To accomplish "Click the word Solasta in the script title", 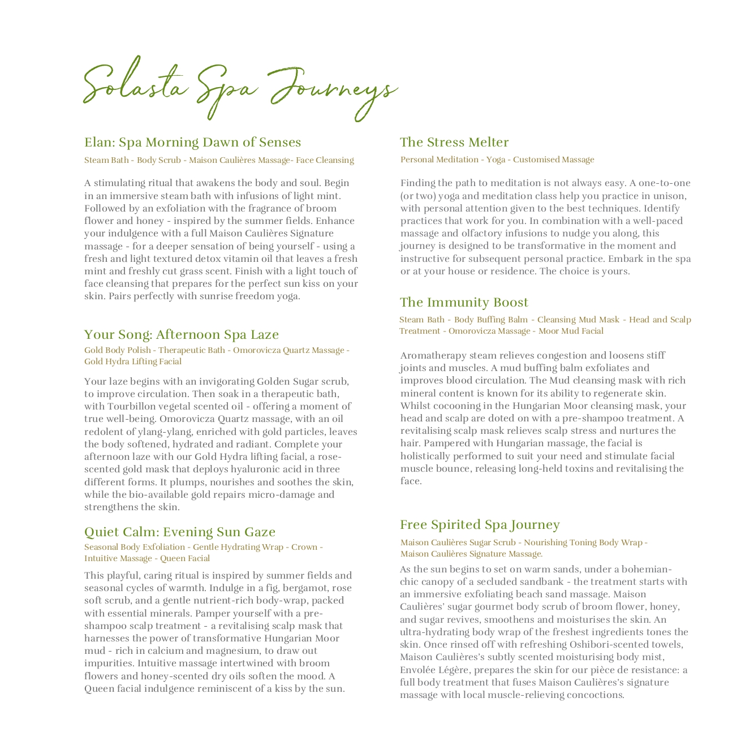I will coord(135,85).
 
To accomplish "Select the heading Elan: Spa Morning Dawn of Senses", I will coord(192,142).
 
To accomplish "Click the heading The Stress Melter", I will coord(454,142).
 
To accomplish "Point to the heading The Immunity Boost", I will coord(464,302).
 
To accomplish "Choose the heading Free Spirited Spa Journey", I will coord(480,524).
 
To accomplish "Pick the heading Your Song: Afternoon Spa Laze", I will coord(181,334).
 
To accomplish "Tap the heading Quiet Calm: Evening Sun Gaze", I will coord(180,532).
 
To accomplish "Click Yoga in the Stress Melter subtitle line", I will coord(496,160).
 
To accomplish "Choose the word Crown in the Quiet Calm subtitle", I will coord(304,547).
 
